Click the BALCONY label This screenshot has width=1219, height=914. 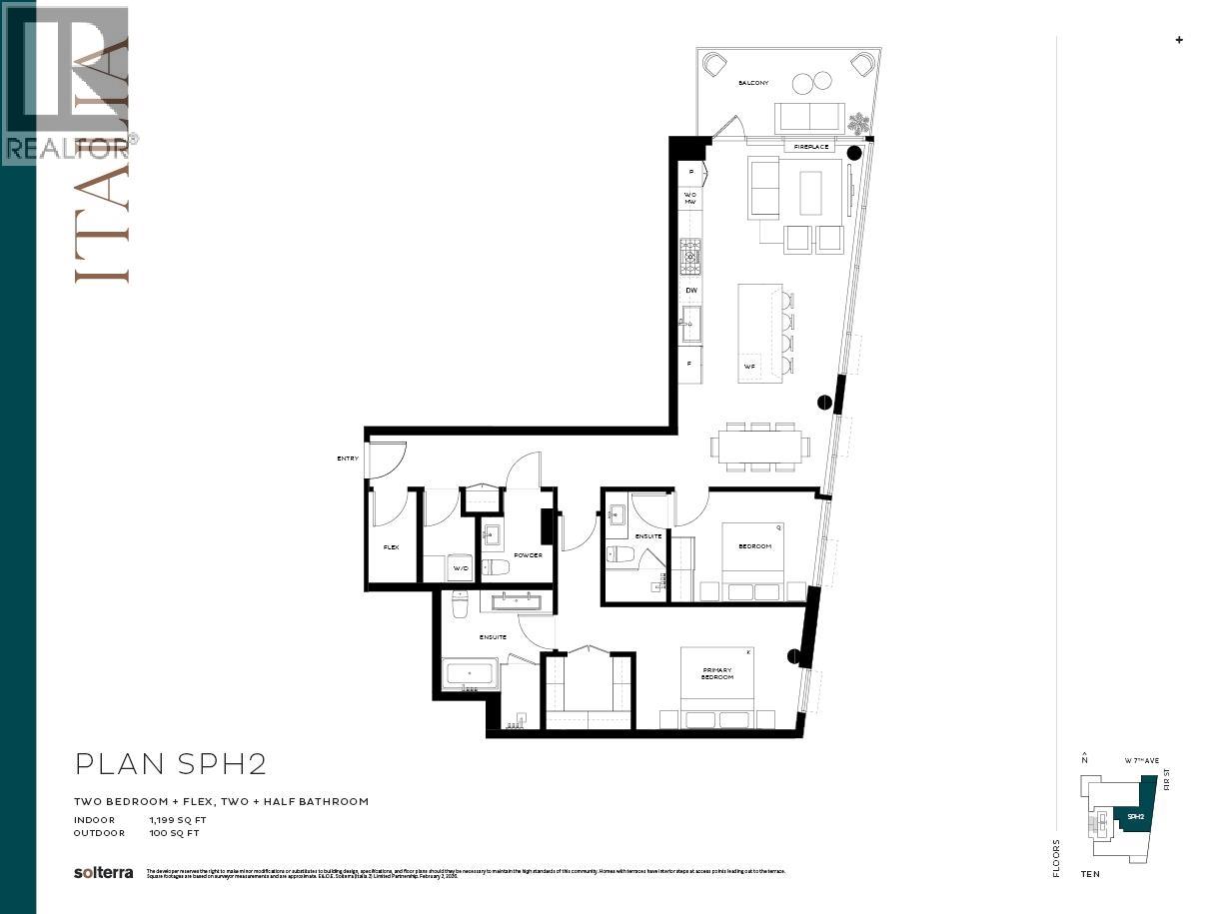tap(753, 83)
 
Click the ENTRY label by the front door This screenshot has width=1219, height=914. tap(348, 458)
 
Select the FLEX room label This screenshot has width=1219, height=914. tap(392, 547)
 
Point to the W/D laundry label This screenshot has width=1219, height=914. tap(460, 568)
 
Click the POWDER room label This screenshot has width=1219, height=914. tap(528, 555)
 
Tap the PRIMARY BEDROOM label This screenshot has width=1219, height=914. tap(716, 674)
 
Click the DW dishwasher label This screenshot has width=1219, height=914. tap(690, 291)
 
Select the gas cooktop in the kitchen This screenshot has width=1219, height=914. tap(690, 257)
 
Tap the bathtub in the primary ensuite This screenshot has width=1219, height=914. tap(471, 674)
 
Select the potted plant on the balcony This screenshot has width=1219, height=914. tap(857, 124)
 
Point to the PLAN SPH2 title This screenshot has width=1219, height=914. tap(171, 764)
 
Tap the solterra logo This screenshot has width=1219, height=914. tap(103, 872)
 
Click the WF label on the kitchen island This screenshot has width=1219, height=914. tap(748, 367)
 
